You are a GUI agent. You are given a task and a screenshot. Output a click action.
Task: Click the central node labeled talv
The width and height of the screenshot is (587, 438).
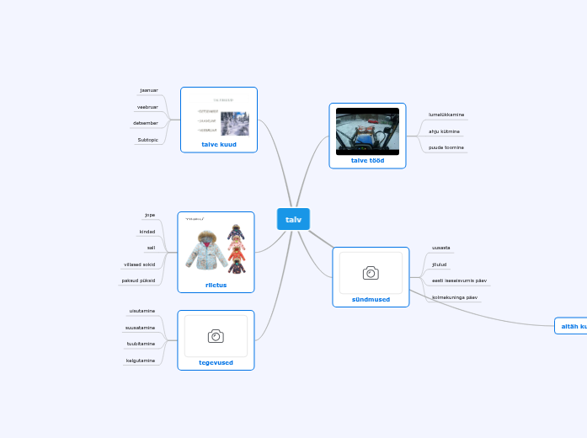[293, 219]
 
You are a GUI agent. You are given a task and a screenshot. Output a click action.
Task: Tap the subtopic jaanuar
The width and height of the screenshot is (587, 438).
[148, 90]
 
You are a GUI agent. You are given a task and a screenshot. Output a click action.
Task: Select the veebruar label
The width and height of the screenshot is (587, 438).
[147, 107]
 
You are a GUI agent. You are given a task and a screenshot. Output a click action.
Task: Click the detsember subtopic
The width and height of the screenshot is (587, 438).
[147, 123]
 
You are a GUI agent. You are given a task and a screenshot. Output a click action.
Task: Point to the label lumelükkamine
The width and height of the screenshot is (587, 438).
[446, 115]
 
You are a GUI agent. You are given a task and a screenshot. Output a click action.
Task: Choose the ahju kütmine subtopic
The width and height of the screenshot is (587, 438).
[445, 131]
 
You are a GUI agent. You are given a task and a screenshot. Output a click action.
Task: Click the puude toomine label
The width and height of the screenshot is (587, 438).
[446, 147]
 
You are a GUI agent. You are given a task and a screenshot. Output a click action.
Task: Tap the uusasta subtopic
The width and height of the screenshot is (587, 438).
[441, 248]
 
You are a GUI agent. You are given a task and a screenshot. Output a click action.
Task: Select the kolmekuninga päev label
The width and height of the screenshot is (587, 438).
[455, 297]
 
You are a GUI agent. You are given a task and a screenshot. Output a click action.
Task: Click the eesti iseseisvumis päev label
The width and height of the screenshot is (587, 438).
[459, 280]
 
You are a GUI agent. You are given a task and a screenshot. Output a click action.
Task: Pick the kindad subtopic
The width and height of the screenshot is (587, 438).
[147, 232]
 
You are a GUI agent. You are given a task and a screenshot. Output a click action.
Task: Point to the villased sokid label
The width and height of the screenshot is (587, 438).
[139, 264]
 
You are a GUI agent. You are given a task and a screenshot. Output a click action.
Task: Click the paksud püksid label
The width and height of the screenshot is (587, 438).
[138, 280]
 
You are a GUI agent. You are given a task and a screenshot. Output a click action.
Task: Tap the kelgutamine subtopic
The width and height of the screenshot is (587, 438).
[141, 361]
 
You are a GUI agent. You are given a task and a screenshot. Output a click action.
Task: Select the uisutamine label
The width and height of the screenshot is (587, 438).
[141, 311]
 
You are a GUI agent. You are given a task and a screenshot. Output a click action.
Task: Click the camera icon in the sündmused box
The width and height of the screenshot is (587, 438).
[371, 273]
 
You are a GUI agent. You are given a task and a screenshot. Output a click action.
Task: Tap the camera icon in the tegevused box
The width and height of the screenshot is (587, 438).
[216, 336]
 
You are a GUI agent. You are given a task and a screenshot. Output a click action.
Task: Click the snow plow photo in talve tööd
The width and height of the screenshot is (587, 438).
[367, 131]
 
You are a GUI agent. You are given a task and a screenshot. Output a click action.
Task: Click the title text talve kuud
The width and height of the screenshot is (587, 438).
[219, 144]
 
